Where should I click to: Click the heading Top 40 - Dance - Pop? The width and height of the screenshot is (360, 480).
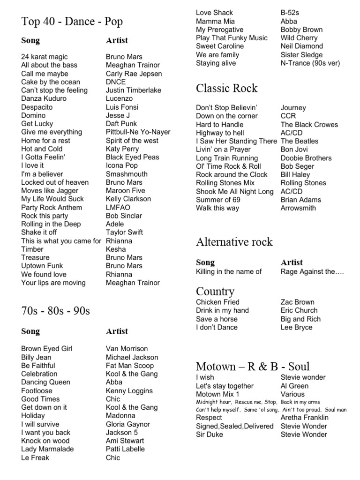point(72,22)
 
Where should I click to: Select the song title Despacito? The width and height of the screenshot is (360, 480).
point(37,107)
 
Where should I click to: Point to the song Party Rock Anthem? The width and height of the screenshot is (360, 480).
point(52,207)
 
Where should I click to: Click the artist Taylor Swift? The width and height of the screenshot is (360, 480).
point(124,232)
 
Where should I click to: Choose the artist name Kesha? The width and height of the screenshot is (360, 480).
point(116,249)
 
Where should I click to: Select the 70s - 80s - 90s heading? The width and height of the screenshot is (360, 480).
point(55,311)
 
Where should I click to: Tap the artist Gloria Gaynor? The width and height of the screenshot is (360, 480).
point(128,424)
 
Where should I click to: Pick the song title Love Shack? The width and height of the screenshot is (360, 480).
point(214,13)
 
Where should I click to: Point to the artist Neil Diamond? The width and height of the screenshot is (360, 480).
point(302,46)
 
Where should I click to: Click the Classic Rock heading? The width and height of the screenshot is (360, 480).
point(227,88)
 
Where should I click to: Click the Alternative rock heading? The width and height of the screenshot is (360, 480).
point(234,242)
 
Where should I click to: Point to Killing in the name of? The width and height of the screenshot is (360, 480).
point(229,271)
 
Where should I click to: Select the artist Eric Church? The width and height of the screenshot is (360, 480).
point(299,310)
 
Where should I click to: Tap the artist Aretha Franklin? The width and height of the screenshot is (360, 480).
point(305,418)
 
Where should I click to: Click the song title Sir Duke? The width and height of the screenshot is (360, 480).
point(210,435)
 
